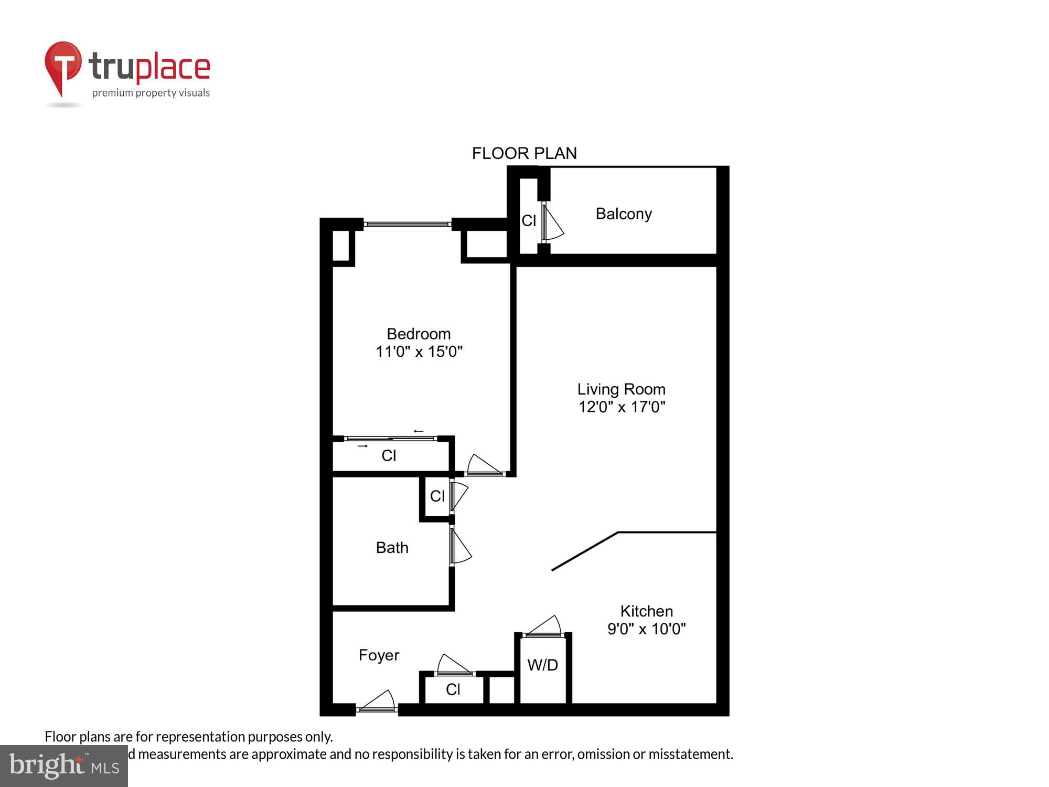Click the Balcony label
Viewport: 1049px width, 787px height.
click(x=624, y=214)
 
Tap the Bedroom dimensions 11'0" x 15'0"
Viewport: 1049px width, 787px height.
click(x=419, y=352)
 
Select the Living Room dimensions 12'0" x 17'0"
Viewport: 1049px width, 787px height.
click(x=622, y=407)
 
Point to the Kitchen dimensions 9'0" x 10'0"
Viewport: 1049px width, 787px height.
click(x=646, y=629)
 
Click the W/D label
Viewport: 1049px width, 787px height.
click(x=542, y=665)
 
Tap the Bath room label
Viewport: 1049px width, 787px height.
click(x=392, y=548)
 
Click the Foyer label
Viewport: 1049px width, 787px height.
click(x=379, y=655)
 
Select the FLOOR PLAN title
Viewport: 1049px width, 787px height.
click(x=524, y=153)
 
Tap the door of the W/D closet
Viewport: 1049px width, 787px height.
click(x=544, y=628)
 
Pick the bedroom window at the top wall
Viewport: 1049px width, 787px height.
click(x=408, y=225)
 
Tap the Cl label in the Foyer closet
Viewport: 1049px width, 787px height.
click(x=453, y=689)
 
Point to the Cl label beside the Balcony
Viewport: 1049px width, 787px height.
click(x=529, y=221)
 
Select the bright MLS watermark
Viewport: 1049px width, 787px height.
click(x=63, y=766)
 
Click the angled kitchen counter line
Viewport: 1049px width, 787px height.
click(x=585, y=551)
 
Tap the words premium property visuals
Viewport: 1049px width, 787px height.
click(x=151, y=93)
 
